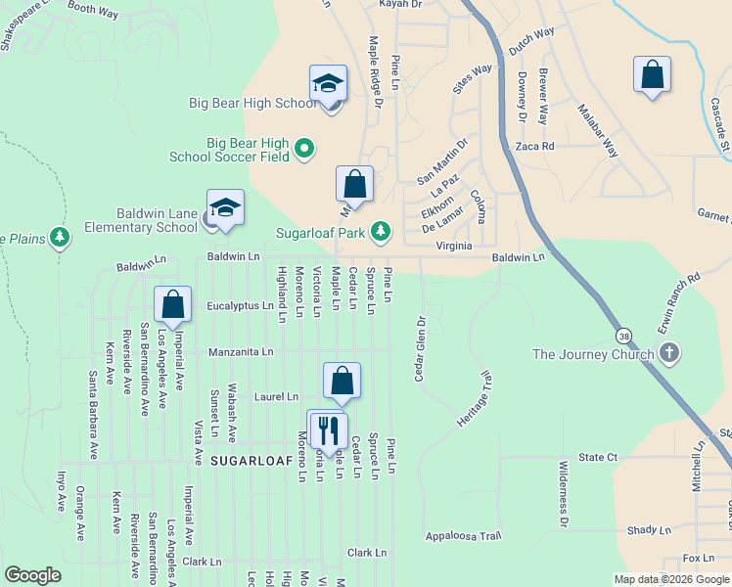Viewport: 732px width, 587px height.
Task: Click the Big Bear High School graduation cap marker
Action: tap(329, 84)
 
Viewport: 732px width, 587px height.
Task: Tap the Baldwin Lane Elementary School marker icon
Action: tap(225, 208)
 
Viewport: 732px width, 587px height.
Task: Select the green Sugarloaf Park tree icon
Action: tap(381, 232)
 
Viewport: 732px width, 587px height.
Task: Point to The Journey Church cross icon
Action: tap(669, 353)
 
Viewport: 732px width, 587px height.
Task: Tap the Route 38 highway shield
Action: tap(623, 336)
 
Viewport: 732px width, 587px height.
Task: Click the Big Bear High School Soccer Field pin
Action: tap(303, 149)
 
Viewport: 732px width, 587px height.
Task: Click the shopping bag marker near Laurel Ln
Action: tap(342, 382)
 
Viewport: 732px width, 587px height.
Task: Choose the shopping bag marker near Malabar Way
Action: tap(652, 75)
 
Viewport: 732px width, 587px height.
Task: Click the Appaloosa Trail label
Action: tap(463, 536)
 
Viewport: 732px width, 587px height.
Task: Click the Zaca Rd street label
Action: tap(534, 146)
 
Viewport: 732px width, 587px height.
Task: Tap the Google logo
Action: tap(32, 575)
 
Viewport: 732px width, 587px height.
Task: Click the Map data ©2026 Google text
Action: tap(670, 579)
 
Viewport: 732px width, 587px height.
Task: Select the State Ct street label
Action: tap(597, 457)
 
